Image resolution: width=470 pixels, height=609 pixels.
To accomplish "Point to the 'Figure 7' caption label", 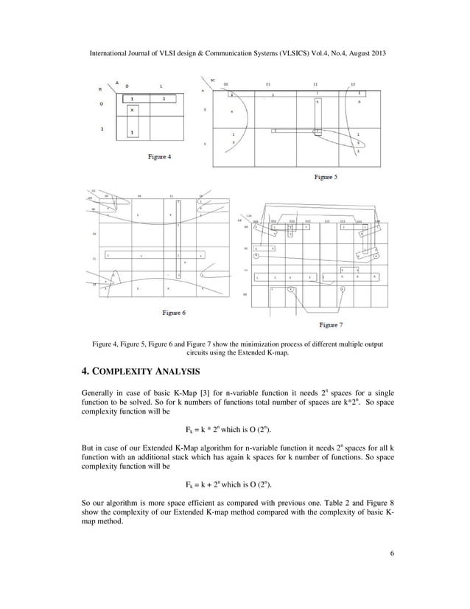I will [x=331, y=324].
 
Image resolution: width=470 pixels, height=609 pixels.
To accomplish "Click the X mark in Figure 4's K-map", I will [x=132, y=110].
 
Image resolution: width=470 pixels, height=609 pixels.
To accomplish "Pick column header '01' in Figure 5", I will [x=268, y=85].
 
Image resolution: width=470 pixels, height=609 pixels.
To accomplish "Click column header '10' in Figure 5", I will [x=353, y=85].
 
